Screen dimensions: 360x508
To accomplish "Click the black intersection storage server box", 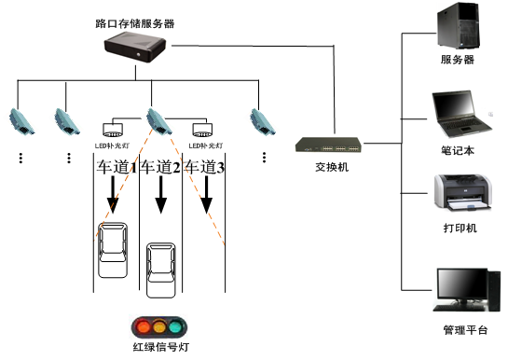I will tap(136, 47).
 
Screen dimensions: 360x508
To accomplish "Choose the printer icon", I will tap(460, 193).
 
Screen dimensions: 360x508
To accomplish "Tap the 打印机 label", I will tap(458, 228).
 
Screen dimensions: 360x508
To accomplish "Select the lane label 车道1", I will tap(117, 168).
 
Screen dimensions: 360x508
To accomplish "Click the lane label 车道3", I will tap(204, 168).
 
